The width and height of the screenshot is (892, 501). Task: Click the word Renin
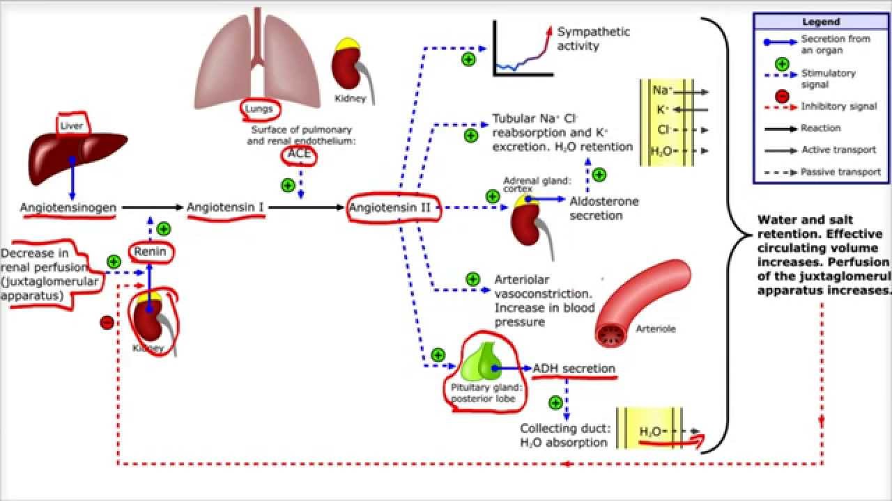[151, 252]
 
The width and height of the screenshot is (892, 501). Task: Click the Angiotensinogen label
[68, 207]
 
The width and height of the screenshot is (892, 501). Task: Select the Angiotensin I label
[225, 207]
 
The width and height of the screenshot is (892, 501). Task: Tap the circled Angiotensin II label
[394, 207]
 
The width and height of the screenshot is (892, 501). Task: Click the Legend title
[821, 22]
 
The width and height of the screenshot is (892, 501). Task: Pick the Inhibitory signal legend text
[839, 106]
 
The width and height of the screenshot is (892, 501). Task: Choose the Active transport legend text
[840, 150]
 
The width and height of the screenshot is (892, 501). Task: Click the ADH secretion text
[574, 369]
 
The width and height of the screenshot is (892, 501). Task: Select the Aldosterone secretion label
[603, 208]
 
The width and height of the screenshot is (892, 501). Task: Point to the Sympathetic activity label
[593, 39]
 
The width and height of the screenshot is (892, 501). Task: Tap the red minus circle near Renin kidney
[107, 322]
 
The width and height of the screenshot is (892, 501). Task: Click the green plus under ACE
[287, 185]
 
